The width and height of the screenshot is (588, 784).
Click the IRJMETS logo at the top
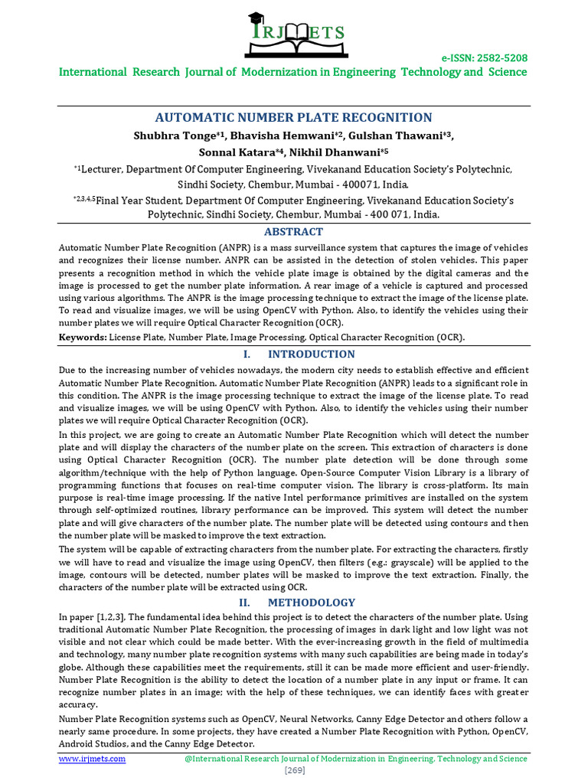[294, 34]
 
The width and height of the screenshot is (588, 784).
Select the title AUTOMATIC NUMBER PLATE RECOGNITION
[294, 117]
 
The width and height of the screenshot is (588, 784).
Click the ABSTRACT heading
[293, 231]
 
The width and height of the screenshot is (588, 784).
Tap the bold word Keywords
[83, 337]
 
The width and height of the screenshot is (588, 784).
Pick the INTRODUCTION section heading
[311, 354]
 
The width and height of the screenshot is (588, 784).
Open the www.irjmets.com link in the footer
[93, 758]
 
